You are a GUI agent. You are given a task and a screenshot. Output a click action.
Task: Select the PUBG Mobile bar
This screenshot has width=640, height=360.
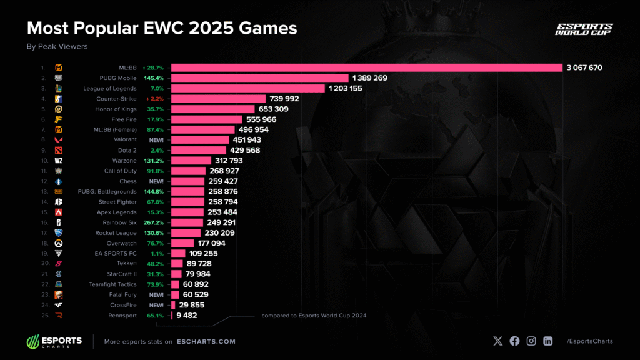point(259,78)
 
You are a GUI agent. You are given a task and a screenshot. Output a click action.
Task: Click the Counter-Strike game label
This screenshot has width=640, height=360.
point(117,99)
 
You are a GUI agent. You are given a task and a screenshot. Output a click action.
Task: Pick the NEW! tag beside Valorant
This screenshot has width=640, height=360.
point(156,140)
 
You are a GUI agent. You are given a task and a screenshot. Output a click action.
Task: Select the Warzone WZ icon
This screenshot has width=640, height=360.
point(59,161)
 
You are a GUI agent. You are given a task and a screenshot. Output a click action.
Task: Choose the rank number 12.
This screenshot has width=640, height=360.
point(42,181)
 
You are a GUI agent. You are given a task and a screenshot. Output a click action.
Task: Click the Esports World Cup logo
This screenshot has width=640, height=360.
point(584,29)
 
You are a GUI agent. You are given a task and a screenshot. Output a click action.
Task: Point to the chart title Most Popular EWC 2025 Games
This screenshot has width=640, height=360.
point(161,28)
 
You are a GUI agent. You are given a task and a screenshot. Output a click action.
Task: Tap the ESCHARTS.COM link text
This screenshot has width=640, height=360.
point(206,341)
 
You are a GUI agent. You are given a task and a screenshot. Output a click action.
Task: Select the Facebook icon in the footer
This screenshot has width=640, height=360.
point(514,341)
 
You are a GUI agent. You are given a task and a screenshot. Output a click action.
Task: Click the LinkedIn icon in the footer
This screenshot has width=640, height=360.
point(547,341)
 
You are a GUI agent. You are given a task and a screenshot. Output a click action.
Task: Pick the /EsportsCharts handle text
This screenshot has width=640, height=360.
point(589,341)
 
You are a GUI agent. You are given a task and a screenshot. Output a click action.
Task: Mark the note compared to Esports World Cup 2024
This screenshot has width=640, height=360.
point(314,316)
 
